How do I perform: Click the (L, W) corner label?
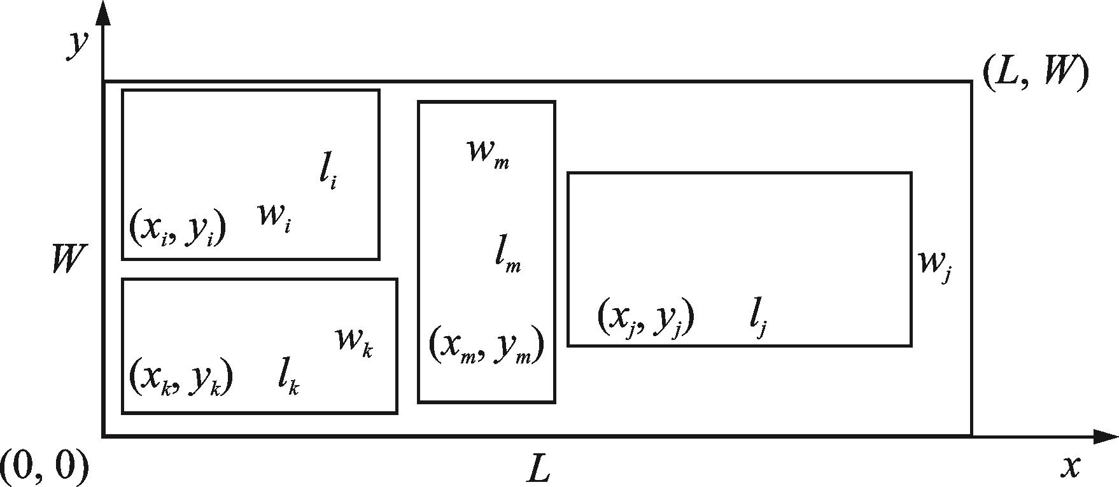1035,74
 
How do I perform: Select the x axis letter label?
1071,467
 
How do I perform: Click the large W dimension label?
67,260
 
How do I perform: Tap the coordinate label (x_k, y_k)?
181,378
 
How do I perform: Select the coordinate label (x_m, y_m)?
486,346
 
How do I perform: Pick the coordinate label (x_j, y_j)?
645,317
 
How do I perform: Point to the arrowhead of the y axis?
103,13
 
